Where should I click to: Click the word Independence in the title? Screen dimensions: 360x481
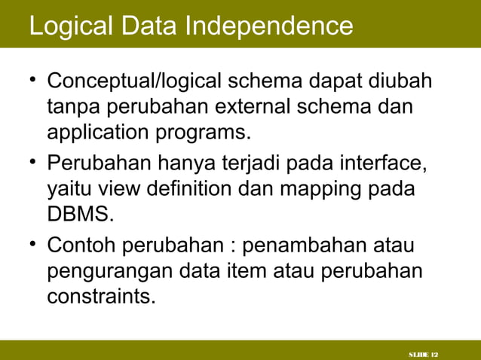pyautogui.click(x=270, y=26)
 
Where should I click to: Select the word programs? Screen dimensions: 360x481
pyautogui.click(x=200, y=133)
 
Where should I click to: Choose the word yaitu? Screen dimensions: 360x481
pyautogui.click(x=69, y=188)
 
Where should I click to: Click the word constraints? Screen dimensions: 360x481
pyautogui.click(x=101, y=297)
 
